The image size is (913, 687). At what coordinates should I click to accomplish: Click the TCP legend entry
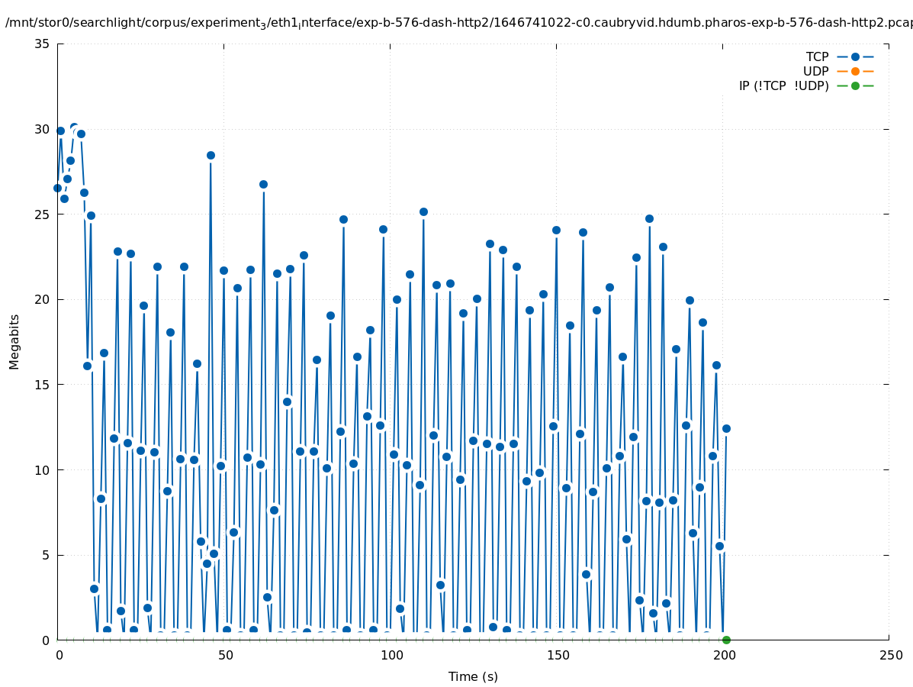tap(817, 56)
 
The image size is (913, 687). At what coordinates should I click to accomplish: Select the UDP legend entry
tap(815, 71)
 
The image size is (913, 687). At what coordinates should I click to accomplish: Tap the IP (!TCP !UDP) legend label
tap(783, 85)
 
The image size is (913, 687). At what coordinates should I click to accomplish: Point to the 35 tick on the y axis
tap(43, 44)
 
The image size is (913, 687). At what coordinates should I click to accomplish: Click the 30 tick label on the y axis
tap(43, 129)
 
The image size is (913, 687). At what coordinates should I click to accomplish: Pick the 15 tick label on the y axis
tap(43, 385)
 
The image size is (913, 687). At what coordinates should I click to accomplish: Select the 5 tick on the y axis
tap(47, 555)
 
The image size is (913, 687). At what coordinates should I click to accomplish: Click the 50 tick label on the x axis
tap(224, 656)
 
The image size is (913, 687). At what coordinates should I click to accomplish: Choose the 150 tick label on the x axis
tap(557, 656)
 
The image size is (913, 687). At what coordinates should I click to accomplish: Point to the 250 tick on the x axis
tap(889, 656)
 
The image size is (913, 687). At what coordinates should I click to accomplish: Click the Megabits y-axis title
tap(14, 341)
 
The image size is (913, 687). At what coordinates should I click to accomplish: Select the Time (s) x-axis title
tap(473, 676)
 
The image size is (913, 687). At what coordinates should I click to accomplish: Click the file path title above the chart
tap(458, 23)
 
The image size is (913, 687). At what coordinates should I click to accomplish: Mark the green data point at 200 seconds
tap(726, 640)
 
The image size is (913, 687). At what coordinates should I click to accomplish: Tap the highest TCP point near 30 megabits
tap(74, 127)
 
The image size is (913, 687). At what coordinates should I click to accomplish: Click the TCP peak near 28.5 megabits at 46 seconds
tap(211, 155)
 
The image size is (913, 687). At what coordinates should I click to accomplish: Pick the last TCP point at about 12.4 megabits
tap(726, 428)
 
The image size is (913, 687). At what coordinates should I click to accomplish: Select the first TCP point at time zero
tap(57, 188)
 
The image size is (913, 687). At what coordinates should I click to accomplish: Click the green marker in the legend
tap(855, 85)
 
